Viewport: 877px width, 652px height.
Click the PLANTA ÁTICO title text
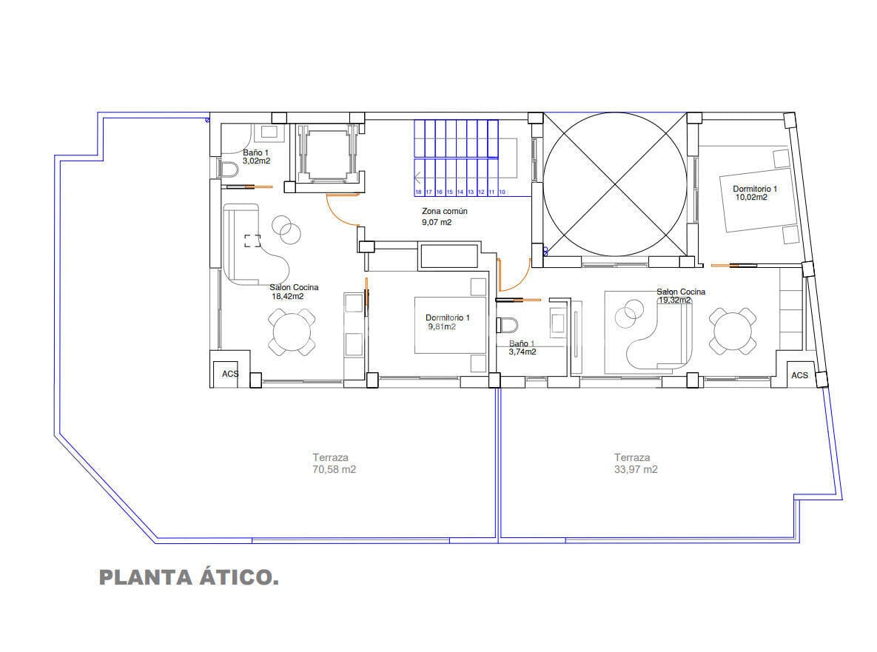pos(189,577)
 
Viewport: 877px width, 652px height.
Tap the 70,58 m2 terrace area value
pos(334,470)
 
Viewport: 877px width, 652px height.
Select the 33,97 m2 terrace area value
pos(636,470)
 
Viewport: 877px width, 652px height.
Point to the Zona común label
pos(445,212)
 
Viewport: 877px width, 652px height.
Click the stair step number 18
pos(418,192)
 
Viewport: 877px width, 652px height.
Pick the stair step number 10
pos(502,192)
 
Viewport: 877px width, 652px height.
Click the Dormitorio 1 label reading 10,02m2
pos(754,193)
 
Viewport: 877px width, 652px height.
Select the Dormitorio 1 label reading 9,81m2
pos(448,322)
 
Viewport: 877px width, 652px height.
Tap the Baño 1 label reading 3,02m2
pos(256,157)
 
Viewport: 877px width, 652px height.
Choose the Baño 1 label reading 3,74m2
pos(522,348)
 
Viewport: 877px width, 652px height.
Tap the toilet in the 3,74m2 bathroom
pos(507,324)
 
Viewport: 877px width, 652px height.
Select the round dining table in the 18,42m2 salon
pos(292,333)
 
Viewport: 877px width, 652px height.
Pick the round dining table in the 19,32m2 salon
pos(733,331)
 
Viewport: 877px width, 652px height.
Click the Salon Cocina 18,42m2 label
pos(294,292)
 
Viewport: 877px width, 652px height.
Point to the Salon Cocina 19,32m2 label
pos(681,296)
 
